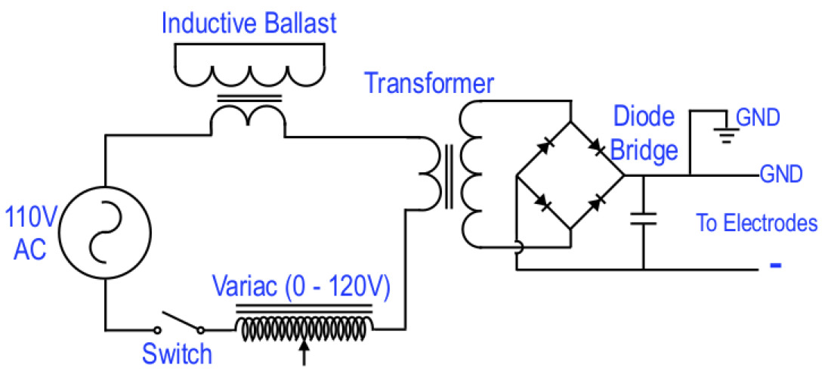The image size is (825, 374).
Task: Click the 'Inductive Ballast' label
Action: [249, 23]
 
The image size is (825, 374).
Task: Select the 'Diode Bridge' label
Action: [644, 133]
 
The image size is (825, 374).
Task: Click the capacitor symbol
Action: [644, 219]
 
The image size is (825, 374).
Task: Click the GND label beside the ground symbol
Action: [758, 118]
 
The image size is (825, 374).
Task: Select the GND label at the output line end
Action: [781, 175]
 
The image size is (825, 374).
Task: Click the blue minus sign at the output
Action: [774, 266]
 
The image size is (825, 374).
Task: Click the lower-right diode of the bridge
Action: [598, 202]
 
